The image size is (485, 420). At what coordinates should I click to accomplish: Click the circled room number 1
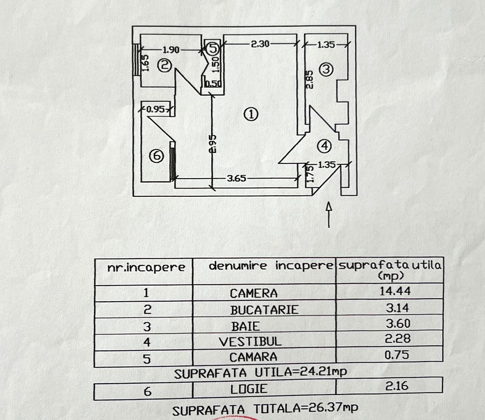pos(250,115)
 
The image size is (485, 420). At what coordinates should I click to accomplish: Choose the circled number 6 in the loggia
pos(156,156)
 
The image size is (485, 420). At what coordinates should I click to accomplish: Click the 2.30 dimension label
pos(260,44)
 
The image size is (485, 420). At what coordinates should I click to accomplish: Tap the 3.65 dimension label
pos(236,179)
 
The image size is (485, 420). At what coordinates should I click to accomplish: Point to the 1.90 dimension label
pos(171,49)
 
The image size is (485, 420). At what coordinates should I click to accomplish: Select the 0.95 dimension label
pos(155,109)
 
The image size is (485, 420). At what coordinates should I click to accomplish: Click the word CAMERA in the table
pos(254,293)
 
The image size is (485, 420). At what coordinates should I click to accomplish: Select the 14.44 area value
pos(395,291)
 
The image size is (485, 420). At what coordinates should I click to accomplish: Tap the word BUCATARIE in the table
pos(264,310)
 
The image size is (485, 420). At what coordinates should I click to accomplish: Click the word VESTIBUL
pos(250,341)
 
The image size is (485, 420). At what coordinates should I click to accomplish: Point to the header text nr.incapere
pos(146,267)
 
